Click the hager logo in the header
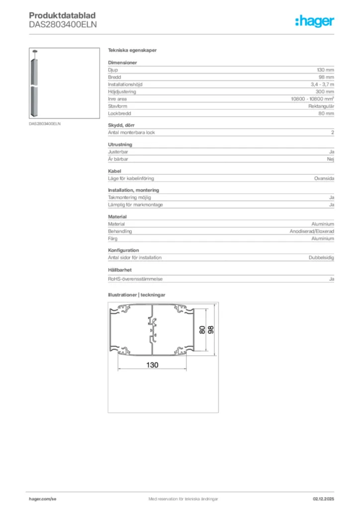[x=314, y=21]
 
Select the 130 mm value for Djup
[x=326, y=70]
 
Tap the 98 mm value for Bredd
[x=327, y=78]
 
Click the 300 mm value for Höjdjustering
[x=325, y=92]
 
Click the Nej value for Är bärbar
[x=331, y=159]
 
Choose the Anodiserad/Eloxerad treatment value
[x=312, y=232]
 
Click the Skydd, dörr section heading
[x=121, y=125]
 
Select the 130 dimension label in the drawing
[x=152, y=365]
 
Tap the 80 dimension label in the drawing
[x=202, y=329]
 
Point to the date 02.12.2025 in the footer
[x=323, y=499]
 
